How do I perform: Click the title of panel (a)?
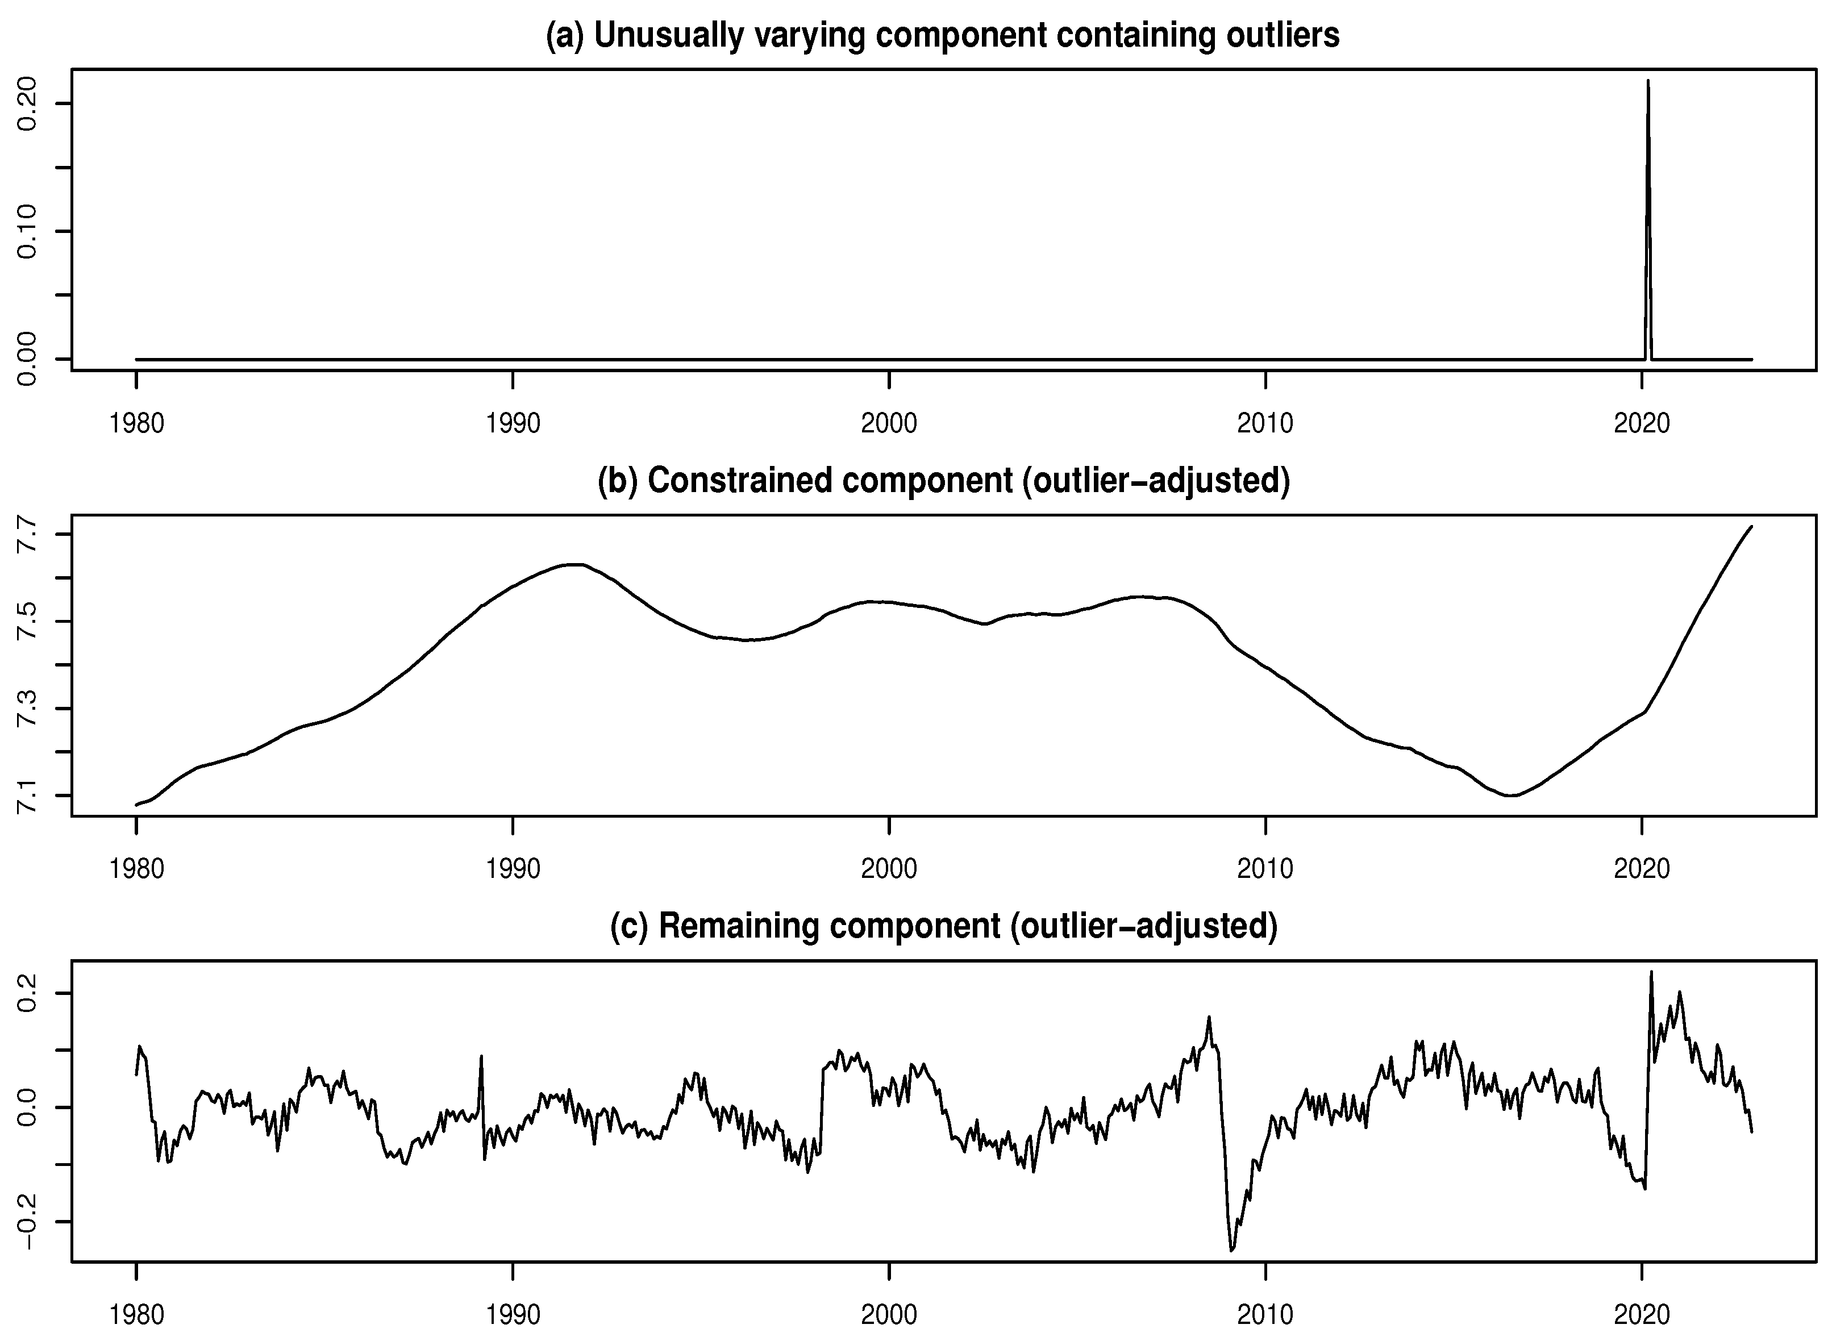pyautogui.click(x=942, y=36)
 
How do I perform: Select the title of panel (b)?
pyautogui.click(x=943, y=481)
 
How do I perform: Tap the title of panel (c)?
pyautogui.click(x=943, y=926)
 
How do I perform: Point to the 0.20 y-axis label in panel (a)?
pyautogui.click(x=27, y=104)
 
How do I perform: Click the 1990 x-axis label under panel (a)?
pyautogui.click(x=513, y=424)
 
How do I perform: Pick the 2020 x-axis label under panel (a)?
pyautogui.click(x=1641, y=424)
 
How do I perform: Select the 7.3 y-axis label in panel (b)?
pyautogui.click(x=27, y=709)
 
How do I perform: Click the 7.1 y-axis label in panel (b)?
pyautogui.click(x=27, y=796)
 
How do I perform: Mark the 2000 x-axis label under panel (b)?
pyautogui.click(x=889, y=869)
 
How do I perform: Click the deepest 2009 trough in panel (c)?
pyautogui.click(x=1231, y=1251)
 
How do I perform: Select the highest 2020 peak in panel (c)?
pyautogui.click(x=1651, y=972)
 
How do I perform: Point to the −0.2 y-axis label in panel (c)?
pyautogui.click(x=27, y=1222)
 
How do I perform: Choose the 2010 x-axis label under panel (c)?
pyautogui.click(x=1265, y=1314)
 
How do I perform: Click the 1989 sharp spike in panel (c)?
pyautogui.click(x=482, y=1056)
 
